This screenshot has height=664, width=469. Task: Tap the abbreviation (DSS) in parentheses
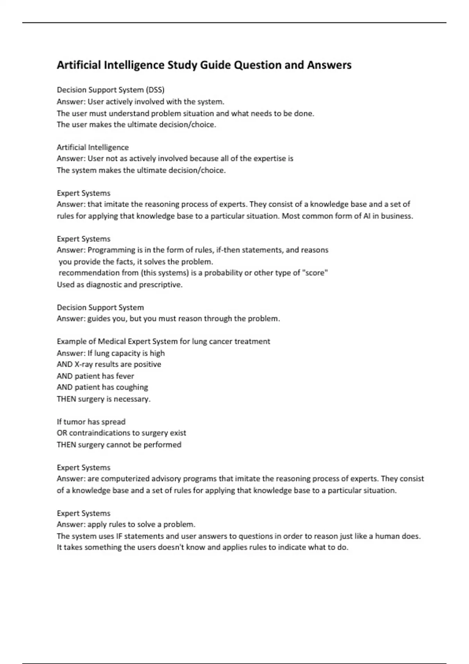(155, 90)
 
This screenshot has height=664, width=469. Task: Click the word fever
(125, 376)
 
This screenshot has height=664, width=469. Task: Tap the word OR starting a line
(62, 433)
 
